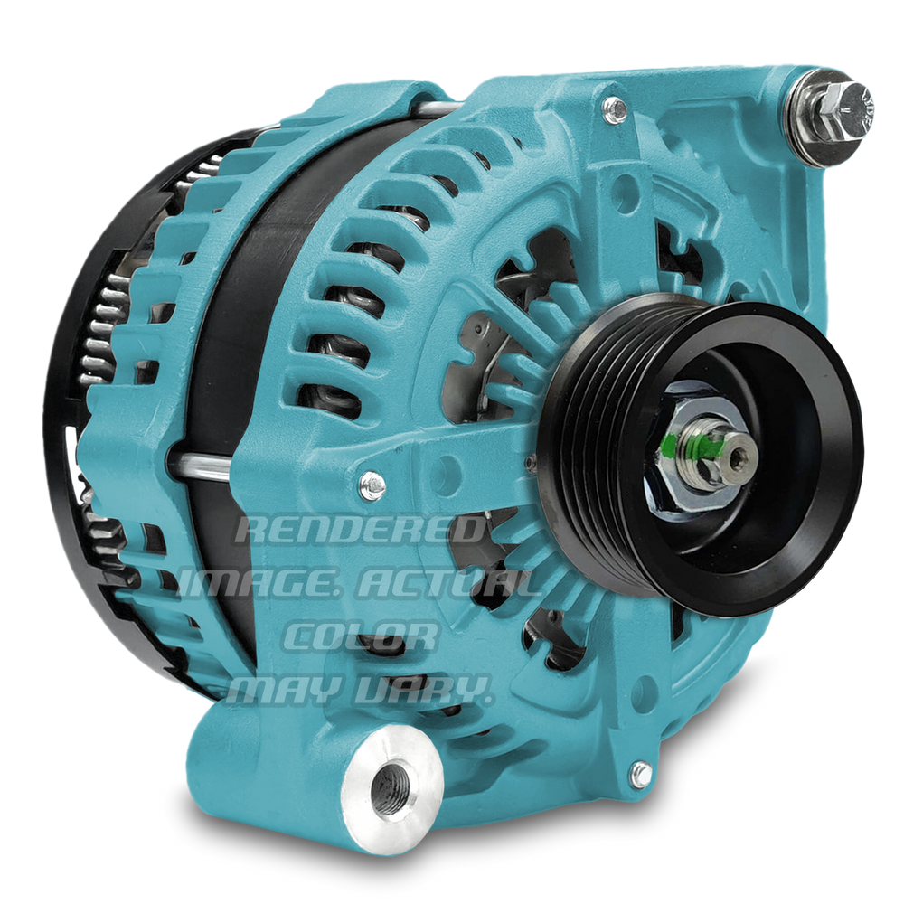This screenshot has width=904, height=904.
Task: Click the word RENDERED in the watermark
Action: click(361, 530)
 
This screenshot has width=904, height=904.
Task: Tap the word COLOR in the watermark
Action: click(361, 636)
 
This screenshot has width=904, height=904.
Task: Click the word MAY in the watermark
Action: click(282, 690)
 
